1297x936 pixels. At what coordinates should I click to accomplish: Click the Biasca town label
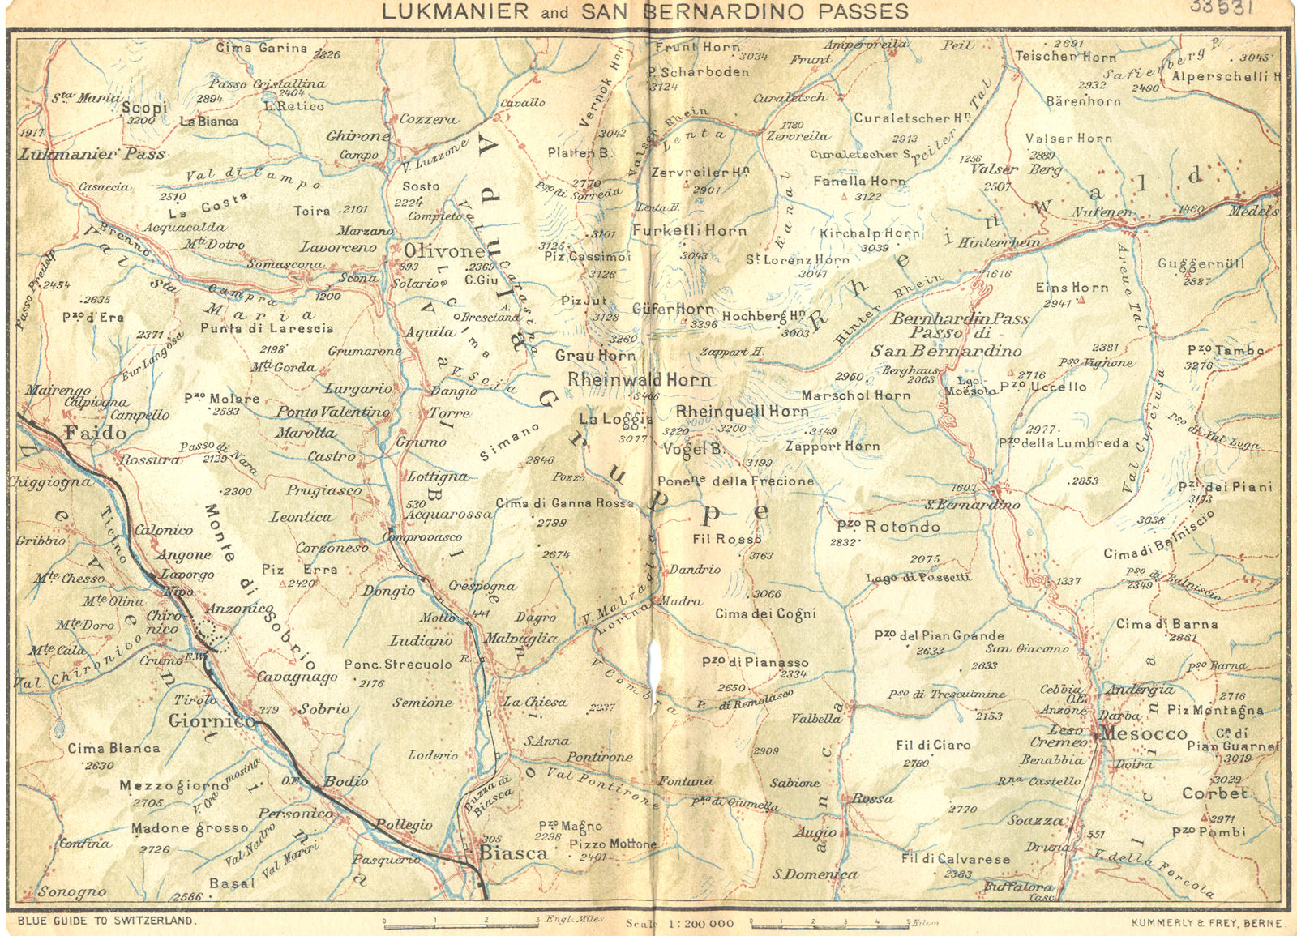[x=514, y=853]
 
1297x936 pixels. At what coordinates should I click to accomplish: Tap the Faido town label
[x=96, y=433]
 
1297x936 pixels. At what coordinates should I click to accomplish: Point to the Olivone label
[x=444, y=251]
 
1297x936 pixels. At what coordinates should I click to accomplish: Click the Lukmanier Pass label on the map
[x=92, y=154]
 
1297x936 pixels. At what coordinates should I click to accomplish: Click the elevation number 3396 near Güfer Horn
[x=704, y=324]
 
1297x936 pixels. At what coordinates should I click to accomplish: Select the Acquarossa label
[x=448, y=515]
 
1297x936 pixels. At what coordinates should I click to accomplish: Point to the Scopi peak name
[x=145, y=107]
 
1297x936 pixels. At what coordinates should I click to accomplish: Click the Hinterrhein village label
[x=999, y=242]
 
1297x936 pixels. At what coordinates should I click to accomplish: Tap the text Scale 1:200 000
[x=679, y=923]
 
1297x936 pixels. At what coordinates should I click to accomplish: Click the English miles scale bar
[x=460, y=921]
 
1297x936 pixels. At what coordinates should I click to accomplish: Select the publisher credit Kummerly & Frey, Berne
[x=1207, y=923]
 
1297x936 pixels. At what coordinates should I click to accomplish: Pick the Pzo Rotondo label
[x=888, y=527]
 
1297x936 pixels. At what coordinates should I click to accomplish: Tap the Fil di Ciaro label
[x=933, y=745]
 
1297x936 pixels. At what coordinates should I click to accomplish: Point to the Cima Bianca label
[x=113, y=748]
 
